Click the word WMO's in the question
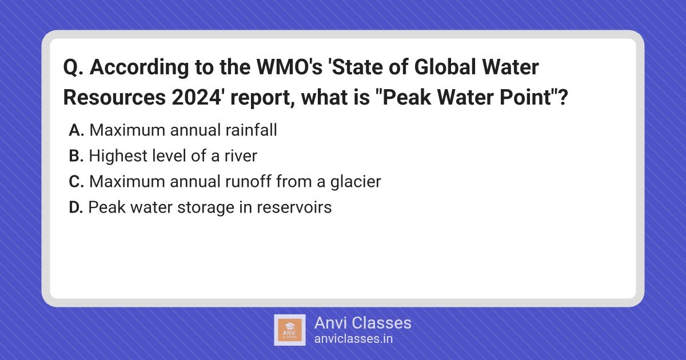290,67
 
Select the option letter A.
76,130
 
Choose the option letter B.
76,156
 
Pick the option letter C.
76,182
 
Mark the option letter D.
76,207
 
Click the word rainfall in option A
251,130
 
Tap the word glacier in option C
356,182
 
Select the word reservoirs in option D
294,207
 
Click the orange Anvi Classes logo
290,330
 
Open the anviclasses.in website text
353,339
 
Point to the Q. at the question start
73,67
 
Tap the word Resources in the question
114,97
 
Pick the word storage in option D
205,208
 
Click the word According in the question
139,68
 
